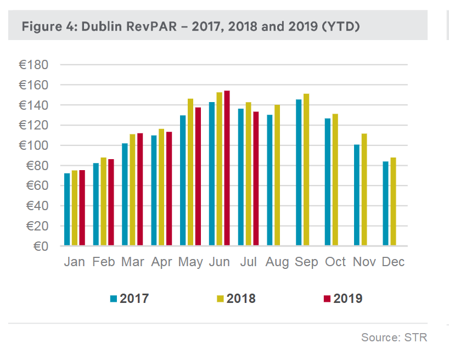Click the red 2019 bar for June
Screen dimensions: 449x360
tap(227, 168)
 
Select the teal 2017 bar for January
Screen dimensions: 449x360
tap(67, 209)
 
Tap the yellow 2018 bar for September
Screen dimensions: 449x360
tap(306, 170)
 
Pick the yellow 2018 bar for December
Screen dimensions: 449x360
tap(393, 201)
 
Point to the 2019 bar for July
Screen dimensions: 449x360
tap(256, 178)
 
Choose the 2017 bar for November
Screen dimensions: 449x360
tap(356, 195)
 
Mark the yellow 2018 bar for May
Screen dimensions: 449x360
tap(190, 172)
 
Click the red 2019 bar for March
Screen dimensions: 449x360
tap(140, 189)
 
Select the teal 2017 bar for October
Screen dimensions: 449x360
tap(328, 182)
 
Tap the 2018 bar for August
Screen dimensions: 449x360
tap(277, 175)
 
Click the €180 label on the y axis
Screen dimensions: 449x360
tap(33, 65)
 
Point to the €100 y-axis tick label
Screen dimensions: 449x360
tap(33, 145)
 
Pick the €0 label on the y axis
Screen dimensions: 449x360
tap(41, 246)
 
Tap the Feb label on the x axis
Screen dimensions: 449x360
tap(103, 262)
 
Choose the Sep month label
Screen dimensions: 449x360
tap(306, 262)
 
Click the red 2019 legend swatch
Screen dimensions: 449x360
tap(327, 299)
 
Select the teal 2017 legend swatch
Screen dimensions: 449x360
tap(114, 299)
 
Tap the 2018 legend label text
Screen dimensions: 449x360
tap(241, 299)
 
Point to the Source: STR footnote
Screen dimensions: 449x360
tap(394, 337)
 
